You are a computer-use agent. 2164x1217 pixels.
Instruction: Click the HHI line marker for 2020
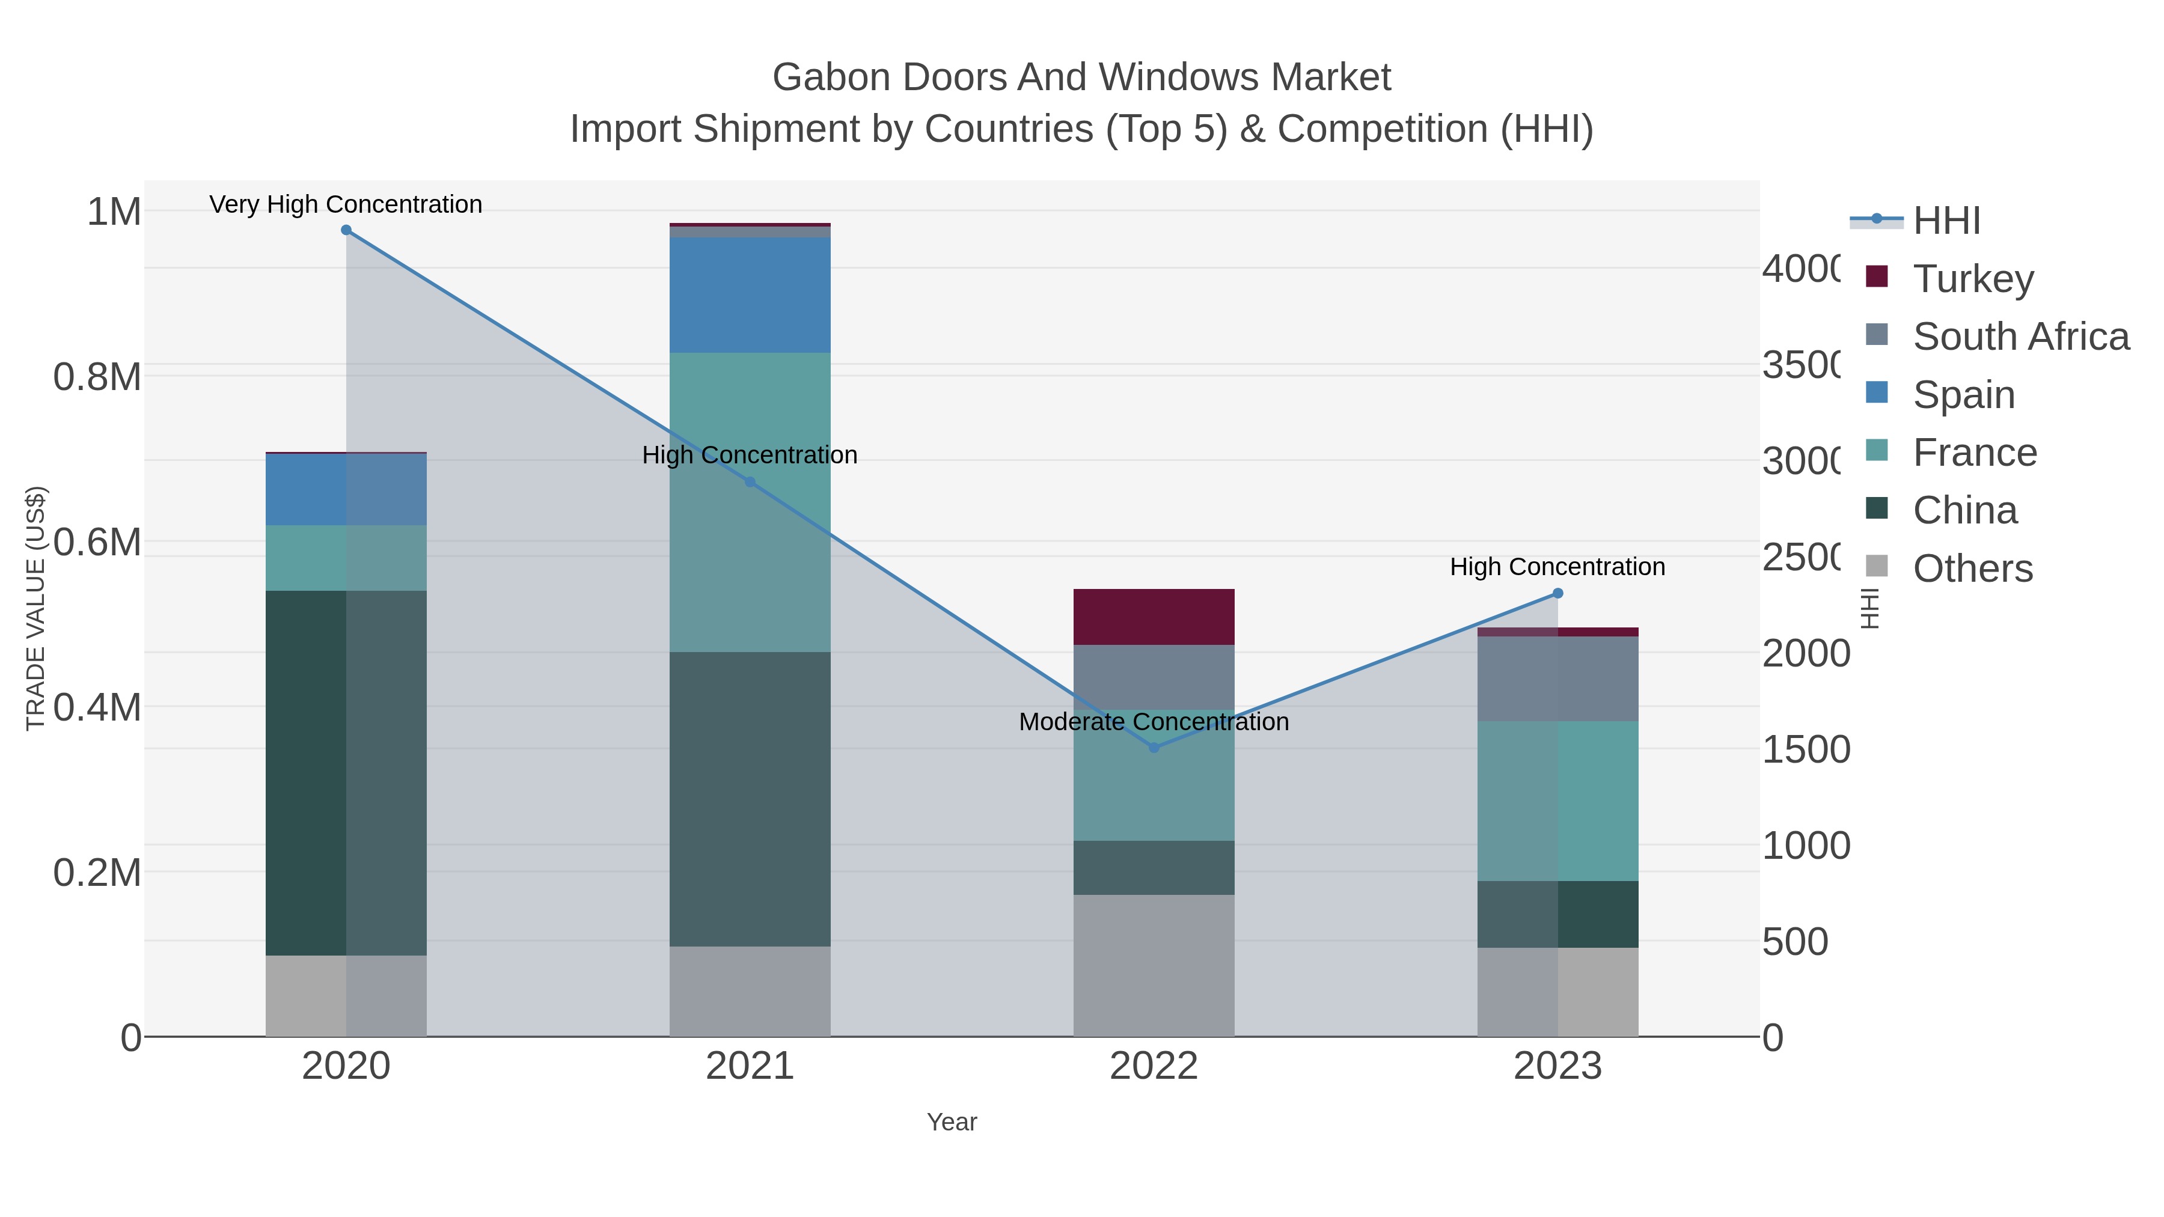(346, 230)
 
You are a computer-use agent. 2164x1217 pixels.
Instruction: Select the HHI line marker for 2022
(1154, 748)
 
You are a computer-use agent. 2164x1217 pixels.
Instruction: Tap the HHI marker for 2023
(1557, 594)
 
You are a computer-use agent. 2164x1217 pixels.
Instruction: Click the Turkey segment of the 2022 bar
(1154, 617)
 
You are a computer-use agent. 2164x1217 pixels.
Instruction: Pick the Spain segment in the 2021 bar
(750, 295)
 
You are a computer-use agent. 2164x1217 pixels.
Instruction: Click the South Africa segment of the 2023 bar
(1557, 679)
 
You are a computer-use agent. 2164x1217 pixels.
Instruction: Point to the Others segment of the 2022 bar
(1154, 965)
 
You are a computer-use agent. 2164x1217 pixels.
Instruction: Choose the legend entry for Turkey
(1972, 278)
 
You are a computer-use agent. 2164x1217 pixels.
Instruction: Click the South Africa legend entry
(2020, 336)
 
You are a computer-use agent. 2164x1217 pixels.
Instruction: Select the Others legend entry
(1972, 569)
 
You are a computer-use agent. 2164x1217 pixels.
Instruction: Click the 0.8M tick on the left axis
(97, 377)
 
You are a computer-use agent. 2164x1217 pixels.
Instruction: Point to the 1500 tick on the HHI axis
(1805, 749)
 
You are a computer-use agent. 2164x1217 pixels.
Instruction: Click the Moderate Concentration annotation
(1154, 721)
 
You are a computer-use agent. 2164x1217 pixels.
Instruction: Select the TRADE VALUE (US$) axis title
(35, 608)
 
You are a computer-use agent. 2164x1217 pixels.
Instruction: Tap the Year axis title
(952, 1122)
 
